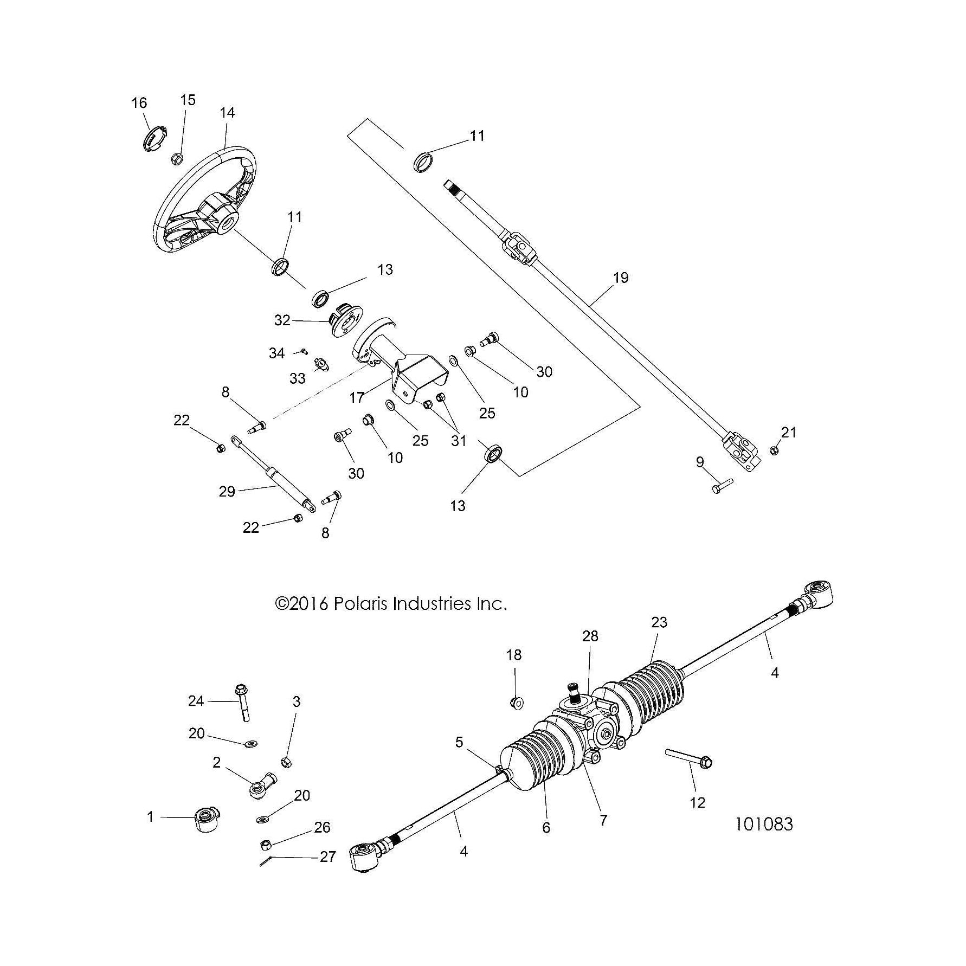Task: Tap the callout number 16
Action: point(139,103)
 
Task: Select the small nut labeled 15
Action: point(176,159)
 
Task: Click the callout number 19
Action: point(621,278)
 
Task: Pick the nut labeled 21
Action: point(775,450)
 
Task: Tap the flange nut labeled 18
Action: point(516,703)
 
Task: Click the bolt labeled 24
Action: point(243,704)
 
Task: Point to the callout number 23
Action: point(659,622)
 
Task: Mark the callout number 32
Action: point(282,320)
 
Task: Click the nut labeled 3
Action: point(286,763)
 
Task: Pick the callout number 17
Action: point(357,397)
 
